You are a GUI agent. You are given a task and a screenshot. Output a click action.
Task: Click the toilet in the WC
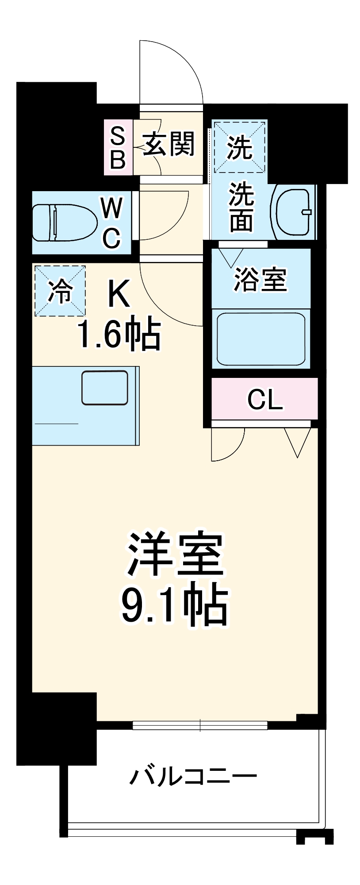coord(65,222)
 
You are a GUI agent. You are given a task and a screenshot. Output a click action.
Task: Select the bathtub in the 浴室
coord(260,339)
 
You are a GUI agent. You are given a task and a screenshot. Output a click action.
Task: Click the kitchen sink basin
coord(105,388)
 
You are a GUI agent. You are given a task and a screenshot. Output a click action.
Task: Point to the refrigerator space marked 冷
coord(60,291)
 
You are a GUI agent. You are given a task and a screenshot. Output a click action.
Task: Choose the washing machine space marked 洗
coord(240,147)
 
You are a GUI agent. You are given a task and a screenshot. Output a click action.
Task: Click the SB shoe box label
coord(118,147)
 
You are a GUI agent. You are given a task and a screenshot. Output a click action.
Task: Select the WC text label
coord(111,223)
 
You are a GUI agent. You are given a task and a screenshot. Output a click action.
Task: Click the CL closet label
coord(264,399)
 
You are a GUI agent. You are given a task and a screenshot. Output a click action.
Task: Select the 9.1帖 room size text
coord(174,606)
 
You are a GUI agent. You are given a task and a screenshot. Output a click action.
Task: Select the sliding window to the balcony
coord(200,725)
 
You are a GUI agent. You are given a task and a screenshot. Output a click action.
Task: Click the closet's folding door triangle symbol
coord(298,442)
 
